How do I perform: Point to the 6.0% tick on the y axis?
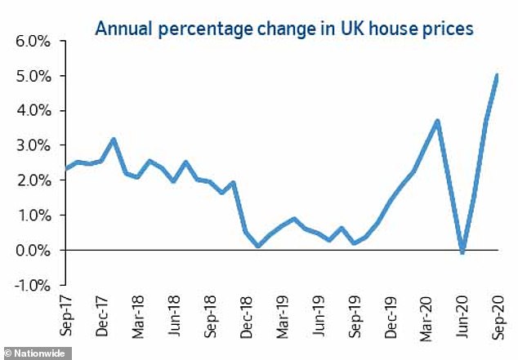click(33, 41)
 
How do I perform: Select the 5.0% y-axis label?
click(33, 76)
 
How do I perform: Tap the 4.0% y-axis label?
click(33, 111)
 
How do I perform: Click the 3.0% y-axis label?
click(33, 145)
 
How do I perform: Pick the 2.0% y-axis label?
click(33, 180)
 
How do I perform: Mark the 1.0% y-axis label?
click(33, 216)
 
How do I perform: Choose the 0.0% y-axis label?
click(33, 250)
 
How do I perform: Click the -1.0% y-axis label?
click(30, 285)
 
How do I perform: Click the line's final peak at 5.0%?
click(498, 76)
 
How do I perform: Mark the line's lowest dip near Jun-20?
click(462, 252)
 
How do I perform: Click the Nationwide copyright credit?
click(36, 353)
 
